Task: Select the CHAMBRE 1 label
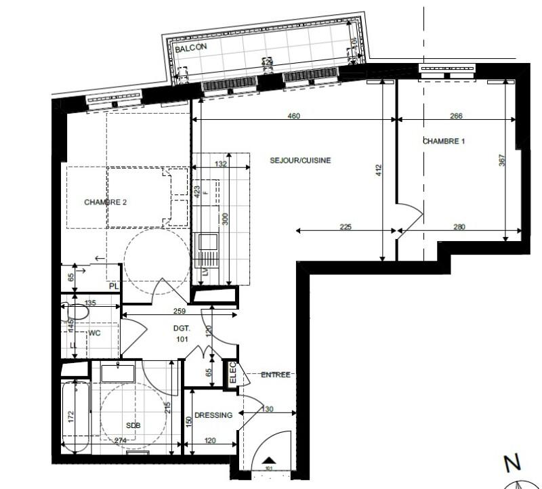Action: click(x=444, y=142)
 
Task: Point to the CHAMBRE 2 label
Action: click(x=105, y=202)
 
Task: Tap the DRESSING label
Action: click(x=213, y=415)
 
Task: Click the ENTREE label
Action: click(x=276, y=375)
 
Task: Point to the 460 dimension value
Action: click(x=293, y=116)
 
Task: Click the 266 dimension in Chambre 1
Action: click(x=456, y=116)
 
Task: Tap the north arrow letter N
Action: click(x=512, y=463)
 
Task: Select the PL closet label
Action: click(x=114, y=286)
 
